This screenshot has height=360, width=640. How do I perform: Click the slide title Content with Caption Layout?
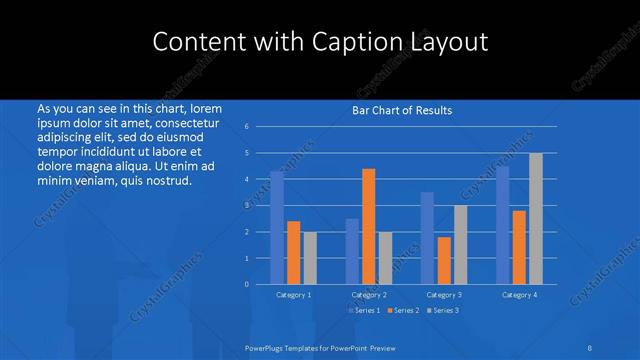320,42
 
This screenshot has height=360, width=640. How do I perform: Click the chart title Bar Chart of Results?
402,110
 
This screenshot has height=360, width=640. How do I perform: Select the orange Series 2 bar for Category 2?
369,226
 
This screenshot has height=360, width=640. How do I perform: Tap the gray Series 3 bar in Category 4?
536,218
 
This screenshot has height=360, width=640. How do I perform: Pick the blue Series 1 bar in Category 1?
277,227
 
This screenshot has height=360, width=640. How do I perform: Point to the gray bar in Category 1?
310,257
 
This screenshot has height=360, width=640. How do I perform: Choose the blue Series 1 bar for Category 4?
503,225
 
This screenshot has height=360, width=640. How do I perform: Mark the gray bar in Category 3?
461,244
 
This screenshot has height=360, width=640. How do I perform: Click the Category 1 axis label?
293,295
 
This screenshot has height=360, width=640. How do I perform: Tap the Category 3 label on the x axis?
444,295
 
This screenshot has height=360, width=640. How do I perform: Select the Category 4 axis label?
519,295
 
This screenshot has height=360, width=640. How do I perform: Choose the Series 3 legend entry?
443,310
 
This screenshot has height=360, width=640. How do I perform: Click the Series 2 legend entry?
403,310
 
